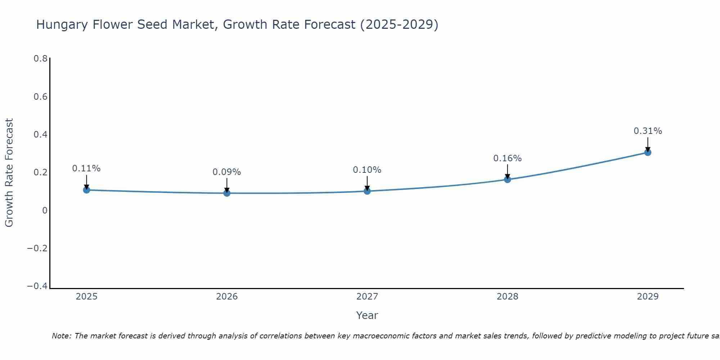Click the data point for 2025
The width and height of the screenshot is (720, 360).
click(86, 190)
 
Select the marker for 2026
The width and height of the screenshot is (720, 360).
click(227, 193)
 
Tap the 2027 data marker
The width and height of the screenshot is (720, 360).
click(367, 191)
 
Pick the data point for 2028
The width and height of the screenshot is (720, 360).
click(508, 179)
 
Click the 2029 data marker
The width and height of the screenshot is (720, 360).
click(648, 152)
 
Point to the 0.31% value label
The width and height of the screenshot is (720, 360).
click(648, 131)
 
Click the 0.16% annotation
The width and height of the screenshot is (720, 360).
click(507, 158)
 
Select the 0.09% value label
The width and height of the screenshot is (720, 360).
click(226, 172)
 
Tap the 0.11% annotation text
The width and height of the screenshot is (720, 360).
click(86, 168)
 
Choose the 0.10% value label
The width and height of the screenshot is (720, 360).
click(367, 170)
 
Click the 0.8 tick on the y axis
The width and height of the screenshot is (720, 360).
click(40, 59)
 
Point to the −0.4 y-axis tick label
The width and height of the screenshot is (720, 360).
click(37, 286)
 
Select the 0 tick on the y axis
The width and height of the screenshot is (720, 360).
click(45, 210)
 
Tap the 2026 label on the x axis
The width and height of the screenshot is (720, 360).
click(227, 297)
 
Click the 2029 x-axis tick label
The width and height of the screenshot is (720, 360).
click(648, 297)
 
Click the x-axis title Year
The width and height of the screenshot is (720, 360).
click(367, 315)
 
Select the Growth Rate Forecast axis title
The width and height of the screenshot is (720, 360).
click(9, 173)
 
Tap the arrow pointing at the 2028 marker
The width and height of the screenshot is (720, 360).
click(508, 172)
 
